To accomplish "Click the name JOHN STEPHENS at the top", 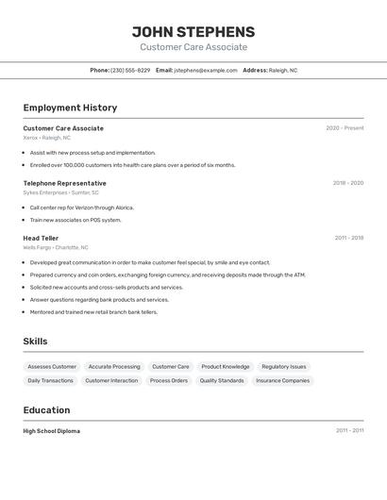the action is point(193,32).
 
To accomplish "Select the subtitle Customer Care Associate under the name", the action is point(193,47).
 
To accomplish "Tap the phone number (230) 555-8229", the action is point(130,71).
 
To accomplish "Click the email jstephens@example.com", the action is point(206,71).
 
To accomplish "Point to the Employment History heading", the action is point(70,108).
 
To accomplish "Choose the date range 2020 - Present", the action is point(345,128).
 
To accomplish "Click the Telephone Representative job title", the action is point(64,183).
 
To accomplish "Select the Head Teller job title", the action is point(41,239).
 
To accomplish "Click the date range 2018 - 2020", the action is point(347,183).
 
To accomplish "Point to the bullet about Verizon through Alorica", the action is point(81,208).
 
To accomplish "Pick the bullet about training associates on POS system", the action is point(76,220).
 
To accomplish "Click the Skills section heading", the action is point(35,342).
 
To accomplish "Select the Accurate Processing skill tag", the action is point(114,367).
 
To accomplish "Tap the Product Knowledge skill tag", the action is point(226,367).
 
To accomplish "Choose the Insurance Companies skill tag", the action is point(282,381).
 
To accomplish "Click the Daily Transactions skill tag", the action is point(50,381).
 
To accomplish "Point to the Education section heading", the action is point(46,410).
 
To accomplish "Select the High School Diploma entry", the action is point(52,431).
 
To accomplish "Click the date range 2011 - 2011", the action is point(349,431).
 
